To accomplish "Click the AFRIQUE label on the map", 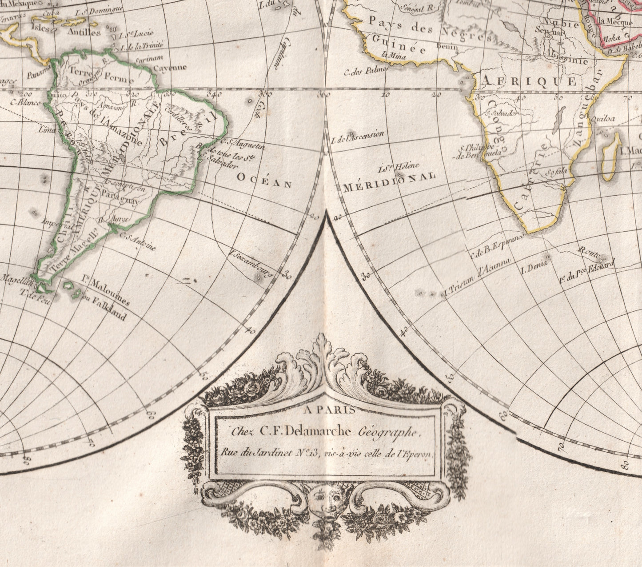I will coord(529,81).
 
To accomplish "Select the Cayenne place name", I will coord(169,68).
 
